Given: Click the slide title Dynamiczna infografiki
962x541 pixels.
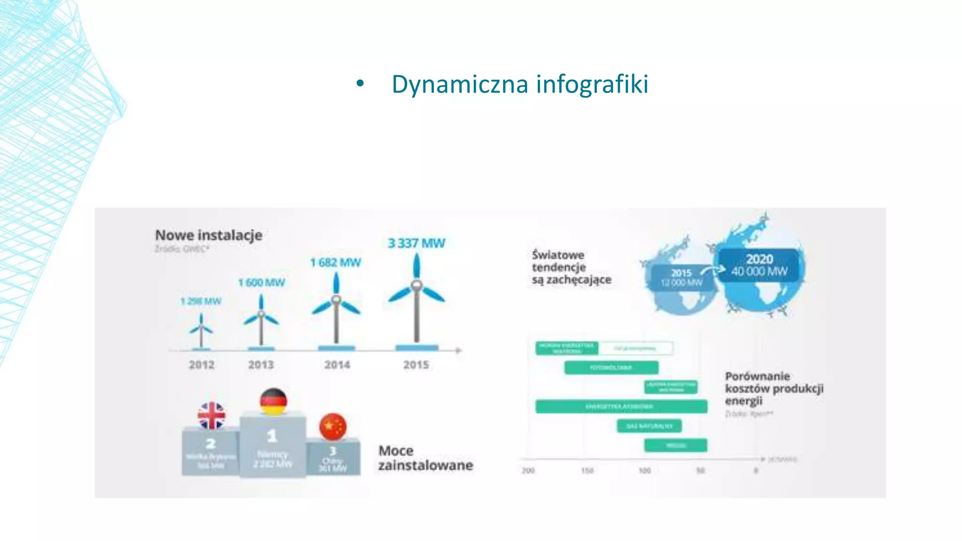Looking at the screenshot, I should [520, 85].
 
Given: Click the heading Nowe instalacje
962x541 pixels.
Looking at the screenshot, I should [209, 235].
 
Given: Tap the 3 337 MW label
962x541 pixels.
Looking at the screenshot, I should [416, 243].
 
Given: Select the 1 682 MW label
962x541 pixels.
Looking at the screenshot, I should [335, 263].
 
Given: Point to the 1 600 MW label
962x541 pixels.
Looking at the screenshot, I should [262, 283].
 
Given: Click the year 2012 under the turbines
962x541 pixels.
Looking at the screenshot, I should [202, 365].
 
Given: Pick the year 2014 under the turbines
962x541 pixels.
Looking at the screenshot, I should [337, 365].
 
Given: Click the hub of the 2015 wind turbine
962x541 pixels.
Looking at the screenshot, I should [416, 285].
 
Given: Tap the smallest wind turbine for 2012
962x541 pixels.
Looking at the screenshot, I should [201, 329].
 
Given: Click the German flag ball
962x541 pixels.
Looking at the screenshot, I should [273, 402].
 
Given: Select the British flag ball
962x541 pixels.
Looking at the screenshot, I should [211, 416].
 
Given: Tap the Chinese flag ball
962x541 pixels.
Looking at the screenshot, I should [333, 426].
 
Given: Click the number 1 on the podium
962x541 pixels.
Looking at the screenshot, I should [272, 437].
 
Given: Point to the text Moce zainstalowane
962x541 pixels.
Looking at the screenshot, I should [425, 458].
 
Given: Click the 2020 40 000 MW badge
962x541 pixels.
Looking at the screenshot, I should [759, 265].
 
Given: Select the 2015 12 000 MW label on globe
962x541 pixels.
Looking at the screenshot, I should [681, 278].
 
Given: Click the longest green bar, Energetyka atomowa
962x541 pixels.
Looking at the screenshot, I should [621, 406].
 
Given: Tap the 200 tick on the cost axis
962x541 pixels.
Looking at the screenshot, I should [528, 471].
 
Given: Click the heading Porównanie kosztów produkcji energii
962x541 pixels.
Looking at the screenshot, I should [774, 388].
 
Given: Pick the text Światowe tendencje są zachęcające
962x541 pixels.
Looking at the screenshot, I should [571, 267].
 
